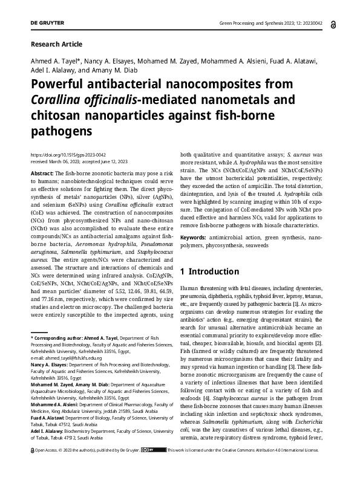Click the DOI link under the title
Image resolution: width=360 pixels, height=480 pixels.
[x=64, y=155]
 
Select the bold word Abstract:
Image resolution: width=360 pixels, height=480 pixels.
[x=42, y=174]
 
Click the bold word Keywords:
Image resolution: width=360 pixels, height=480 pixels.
[x=196, y=239]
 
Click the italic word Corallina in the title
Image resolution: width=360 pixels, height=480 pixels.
[x=56, y=100]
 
